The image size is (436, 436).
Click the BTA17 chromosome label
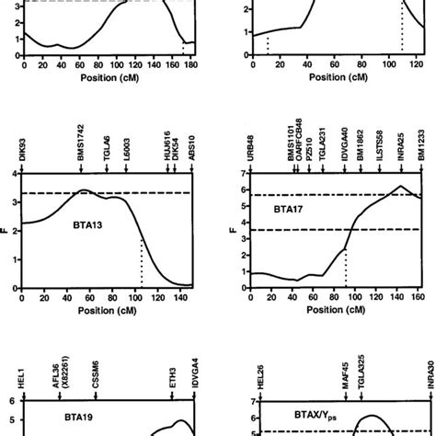[x=291, y=209]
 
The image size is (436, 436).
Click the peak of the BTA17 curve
[x=400, y=186]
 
